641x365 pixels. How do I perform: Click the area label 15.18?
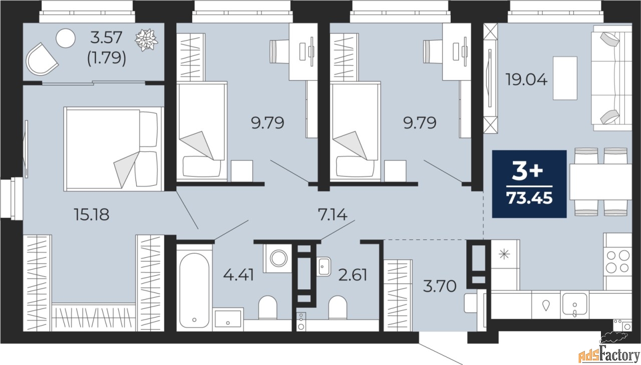(x=91, y=215)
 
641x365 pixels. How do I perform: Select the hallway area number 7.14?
(x=333, y=215)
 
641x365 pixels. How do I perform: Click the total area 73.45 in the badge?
(x=529, y=199)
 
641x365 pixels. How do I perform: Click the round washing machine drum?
(x=277, y=258)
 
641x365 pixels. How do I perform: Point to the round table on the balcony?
(x=65, y=38)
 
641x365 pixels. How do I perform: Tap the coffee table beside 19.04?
(x=565, y=78)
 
